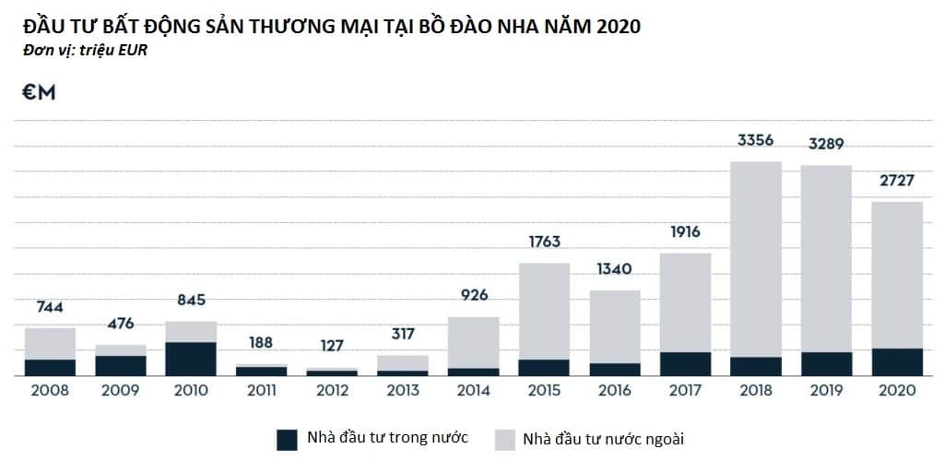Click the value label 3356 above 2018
pos(755,141)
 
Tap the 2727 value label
pos(896,180)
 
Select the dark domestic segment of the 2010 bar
pos(191,359)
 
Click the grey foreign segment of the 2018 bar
pos(755,258)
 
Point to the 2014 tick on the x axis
pos(473,390)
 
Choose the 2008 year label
pos(50,390)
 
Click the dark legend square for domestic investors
pos(287,439)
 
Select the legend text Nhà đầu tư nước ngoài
pos(603,438)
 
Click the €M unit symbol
pos(40,92)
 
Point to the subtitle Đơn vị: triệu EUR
pos(85,50)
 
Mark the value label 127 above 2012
pos(332,346)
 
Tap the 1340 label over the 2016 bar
pos(614,269)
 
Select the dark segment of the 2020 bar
pos(896,361)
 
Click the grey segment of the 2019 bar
pos(826,258)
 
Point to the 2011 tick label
pos(262,390)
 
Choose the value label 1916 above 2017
pos(685,232)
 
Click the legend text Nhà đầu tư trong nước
pos(387,437)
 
